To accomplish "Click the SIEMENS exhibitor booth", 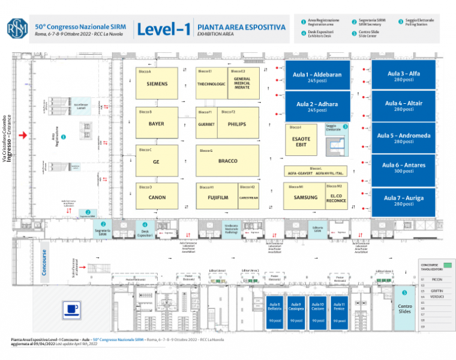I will [157, 84].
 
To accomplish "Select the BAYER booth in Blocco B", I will [157, 124].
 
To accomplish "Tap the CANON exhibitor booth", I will [157, 197].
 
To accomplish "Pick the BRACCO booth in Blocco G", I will [228, 161].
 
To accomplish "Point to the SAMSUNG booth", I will [305, 197].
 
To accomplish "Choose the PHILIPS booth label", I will [237, 124].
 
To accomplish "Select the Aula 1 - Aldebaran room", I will [317, 76].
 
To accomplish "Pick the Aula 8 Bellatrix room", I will [275, 312].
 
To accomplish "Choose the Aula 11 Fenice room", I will [339, 312].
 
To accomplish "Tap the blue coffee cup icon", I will [73, 309].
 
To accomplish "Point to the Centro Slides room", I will [405, 308].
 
